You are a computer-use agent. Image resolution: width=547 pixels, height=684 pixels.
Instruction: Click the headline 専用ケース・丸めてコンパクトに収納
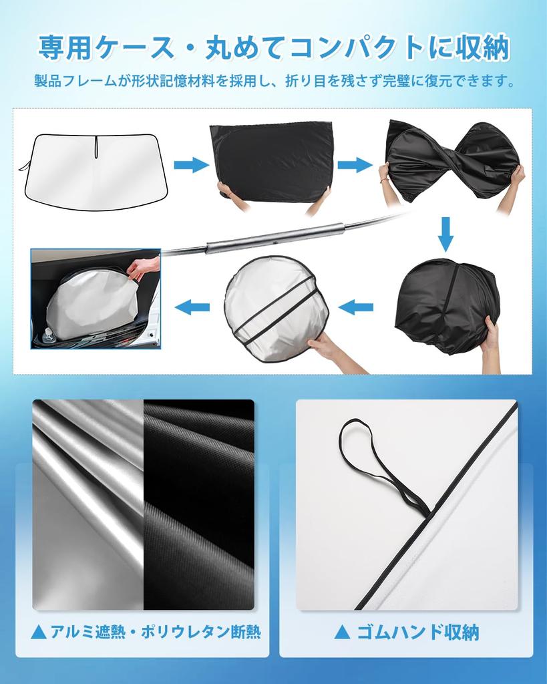pos(274,48)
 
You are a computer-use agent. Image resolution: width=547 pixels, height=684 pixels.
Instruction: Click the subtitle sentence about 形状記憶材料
pos(274,82)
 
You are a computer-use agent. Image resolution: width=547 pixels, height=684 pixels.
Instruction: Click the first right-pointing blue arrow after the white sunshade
pos(191,164)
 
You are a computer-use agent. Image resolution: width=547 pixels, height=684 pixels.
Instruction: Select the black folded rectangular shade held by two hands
pos(272,160)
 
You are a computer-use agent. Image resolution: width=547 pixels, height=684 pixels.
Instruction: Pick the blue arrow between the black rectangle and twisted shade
pos(355,164)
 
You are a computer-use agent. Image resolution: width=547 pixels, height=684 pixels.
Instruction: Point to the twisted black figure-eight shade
pos(451,160)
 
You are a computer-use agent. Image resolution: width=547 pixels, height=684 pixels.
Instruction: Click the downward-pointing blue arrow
pos(445,234)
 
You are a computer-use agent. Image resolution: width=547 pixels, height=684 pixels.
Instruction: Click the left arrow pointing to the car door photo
pos(192,307)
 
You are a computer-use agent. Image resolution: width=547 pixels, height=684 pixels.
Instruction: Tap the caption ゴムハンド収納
pos(415,632)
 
